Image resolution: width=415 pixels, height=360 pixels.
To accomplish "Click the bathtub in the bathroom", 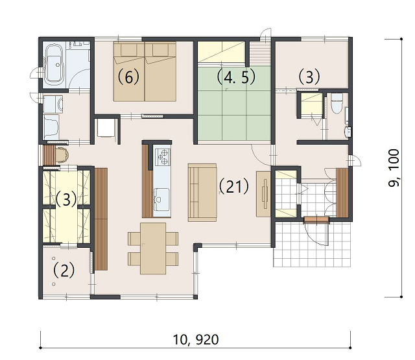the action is tap(54, 64).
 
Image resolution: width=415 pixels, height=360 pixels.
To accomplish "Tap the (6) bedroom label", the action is tap(128, 77).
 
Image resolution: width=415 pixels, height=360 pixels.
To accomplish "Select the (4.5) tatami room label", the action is tap(236, 77).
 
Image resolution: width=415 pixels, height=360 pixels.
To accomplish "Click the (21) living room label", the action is tap(233, 186).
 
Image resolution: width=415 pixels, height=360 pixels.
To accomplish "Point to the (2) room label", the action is tap(64, 270).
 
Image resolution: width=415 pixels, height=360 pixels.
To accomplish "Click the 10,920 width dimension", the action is tap(196, 340).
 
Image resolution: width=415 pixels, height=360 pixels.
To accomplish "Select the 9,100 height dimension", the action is tap(394, 168).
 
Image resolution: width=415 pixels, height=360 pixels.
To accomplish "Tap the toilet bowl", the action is tap(337, 103).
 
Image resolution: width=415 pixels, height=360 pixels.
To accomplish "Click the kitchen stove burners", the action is tap(163, 157).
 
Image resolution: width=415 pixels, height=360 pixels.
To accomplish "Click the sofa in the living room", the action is tap(202, 193).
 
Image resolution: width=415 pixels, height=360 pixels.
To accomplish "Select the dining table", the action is tap(153, 248).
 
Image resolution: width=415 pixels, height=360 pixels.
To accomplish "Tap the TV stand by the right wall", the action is tap(263, 194).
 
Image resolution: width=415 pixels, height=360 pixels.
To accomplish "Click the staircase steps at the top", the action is tap(260, 53).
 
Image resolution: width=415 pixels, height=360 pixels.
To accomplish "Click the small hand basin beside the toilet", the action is tap(348, 132).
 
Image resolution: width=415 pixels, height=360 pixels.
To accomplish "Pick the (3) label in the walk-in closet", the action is tap(66, 199).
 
